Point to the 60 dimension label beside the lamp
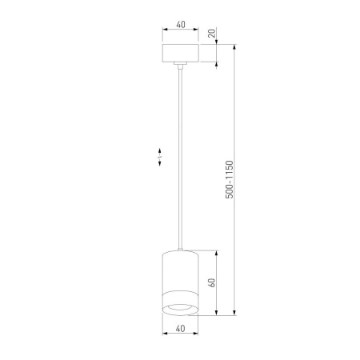[x=211, y=282]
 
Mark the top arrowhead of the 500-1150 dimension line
[x=234, y=46]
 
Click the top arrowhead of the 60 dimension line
[x=217, y=254]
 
